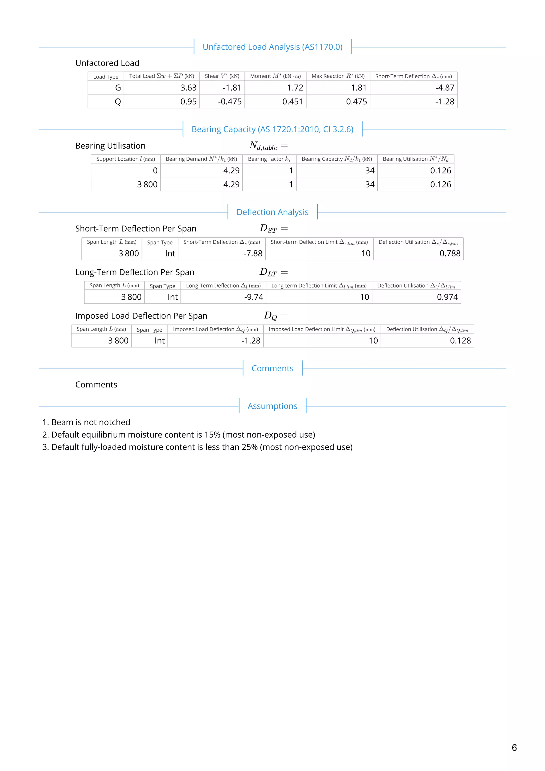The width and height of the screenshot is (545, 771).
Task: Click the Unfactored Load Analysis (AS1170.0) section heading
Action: coord(272,47)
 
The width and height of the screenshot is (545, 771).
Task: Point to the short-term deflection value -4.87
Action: coord(445,88)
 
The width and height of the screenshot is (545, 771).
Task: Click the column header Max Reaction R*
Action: coord(338,76)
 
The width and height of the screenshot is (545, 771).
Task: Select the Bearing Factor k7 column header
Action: coord(269,159)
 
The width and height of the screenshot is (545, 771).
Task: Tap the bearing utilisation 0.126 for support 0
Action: coord(440,171)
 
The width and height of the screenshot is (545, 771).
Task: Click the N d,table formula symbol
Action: coord(263,146)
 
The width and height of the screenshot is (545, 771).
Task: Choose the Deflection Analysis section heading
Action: coord(272,212)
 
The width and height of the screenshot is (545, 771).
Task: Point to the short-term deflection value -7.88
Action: coord(253,254)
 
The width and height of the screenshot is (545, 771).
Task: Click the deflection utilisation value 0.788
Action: coord(450,254)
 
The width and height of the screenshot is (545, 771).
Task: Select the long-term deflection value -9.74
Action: coord(253,297)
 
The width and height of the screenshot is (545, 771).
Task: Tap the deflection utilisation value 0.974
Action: coord(447,297)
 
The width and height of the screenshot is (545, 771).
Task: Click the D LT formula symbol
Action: coord(269,272)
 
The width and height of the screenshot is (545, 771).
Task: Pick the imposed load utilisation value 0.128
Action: coord(460,341)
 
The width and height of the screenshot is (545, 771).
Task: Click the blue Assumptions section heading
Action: coord(272,406)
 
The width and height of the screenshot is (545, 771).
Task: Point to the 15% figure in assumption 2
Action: coord(212,435)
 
